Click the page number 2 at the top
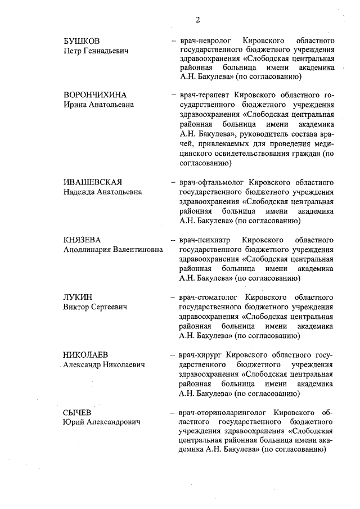[x=198, y=20]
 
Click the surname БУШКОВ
[x=82, y=42]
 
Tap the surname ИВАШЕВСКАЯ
[x=92, y=183]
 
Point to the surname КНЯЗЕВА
[x=82, y=240]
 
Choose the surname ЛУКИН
[x=78, y=298]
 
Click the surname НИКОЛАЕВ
[x=86, y=355]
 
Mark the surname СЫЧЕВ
[x=78, y=412]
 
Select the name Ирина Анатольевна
[x=98, y=104]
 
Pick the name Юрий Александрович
[x=102, y=422]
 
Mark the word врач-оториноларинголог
[x=221, y=412]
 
